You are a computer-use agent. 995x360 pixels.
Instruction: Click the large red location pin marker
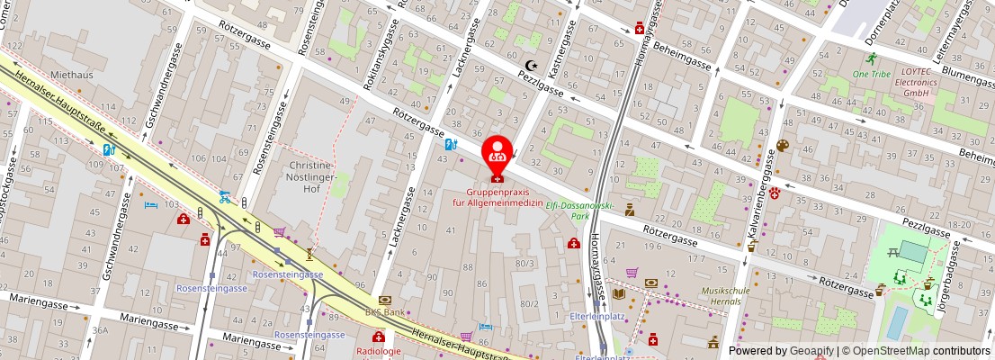[497, 153]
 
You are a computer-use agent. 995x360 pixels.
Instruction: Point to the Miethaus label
[71, 75]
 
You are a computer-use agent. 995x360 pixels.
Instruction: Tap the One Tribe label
[871, 75]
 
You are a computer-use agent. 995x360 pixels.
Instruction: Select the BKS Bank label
[385, 311]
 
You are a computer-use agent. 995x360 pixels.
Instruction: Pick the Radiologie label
[378, 351]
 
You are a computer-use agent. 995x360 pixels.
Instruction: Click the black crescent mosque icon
[532, 66]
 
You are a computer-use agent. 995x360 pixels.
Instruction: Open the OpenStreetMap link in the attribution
[886, 351]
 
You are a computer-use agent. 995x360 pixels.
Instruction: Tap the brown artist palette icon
[782, 145]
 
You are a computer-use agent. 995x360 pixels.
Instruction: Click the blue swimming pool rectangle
[896, 322]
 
